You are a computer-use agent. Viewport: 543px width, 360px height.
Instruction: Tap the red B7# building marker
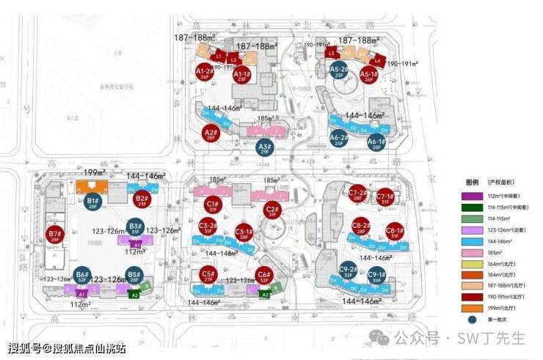54,235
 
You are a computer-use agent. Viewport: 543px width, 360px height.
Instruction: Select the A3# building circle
265,147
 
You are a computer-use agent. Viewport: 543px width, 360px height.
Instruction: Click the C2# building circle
271,210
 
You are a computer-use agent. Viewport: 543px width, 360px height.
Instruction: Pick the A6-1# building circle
376,142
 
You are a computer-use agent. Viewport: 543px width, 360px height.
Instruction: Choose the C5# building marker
208,276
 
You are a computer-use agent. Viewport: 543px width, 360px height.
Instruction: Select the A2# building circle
211,133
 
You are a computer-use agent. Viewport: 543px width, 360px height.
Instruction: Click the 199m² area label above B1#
95,173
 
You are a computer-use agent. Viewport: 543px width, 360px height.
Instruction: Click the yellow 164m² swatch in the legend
471,263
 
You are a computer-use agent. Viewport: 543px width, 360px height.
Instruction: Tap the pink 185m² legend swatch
471,251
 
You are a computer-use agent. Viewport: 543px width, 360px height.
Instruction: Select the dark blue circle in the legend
471,320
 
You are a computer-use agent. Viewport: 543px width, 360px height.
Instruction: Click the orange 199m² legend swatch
471,309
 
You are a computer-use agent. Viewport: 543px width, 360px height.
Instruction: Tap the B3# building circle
134,227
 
